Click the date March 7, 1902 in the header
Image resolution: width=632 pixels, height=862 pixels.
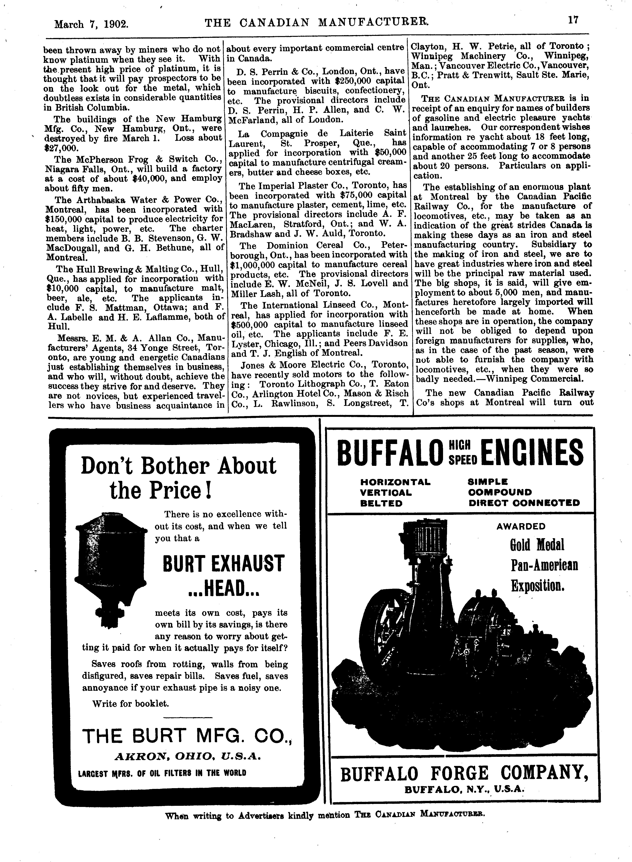91,24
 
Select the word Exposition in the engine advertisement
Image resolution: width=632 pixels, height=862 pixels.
538,585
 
